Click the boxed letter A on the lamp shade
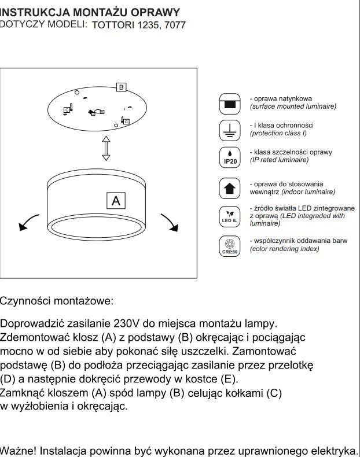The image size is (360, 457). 116,201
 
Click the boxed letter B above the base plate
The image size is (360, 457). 121,87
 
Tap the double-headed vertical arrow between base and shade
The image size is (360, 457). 106,149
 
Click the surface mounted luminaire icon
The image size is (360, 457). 230,104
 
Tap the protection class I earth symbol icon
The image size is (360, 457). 230,131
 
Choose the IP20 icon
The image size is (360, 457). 230,158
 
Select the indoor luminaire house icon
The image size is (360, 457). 230,189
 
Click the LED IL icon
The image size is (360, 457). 230,216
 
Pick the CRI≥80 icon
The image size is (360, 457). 230,246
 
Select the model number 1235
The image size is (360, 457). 146,25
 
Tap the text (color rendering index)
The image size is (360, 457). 284,249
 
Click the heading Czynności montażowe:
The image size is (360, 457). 57,301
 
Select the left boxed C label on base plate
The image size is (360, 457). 67,109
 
